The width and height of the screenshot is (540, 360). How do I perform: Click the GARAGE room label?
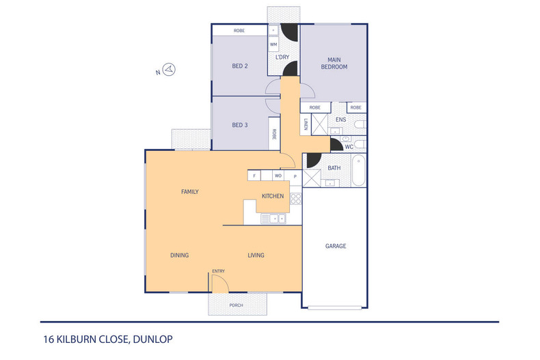(335, 246)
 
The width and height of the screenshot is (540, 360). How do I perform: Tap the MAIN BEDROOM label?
(335, 63)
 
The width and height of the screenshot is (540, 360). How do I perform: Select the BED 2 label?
(239, 66)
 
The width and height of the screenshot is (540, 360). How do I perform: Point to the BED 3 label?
(239, 125)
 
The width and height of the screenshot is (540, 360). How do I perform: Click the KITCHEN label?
(273, 197)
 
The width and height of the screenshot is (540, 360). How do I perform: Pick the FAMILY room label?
(189, 192)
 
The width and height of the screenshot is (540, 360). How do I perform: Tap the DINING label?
(179, 255)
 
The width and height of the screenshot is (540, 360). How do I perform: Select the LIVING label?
(256, 255)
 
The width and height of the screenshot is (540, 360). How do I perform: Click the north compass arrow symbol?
(171, 69)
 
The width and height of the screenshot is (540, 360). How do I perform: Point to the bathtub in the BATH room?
(359, 171)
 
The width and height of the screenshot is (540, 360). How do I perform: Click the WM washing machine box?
(273, 44)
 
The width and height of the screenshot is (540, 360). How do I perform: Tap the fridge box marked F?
(254, 176)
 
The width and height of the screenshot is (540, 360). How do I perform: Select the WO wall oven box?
(278, 176)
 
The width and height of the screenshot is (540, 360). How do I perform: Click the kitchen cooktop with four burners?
(295, 199)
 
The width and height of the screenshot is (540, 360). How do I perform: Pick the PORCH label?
(236, 305)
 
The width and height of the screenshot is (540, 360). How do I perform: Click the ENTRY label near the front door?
(218, 271)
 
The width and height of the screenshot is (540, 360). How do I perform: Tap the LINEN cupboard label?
(306, 125)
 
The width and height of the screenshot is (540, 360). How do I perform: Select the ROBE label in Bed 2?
(239, 31)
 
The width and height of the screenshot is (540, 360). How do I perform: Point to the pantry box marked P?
(295, 176)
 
